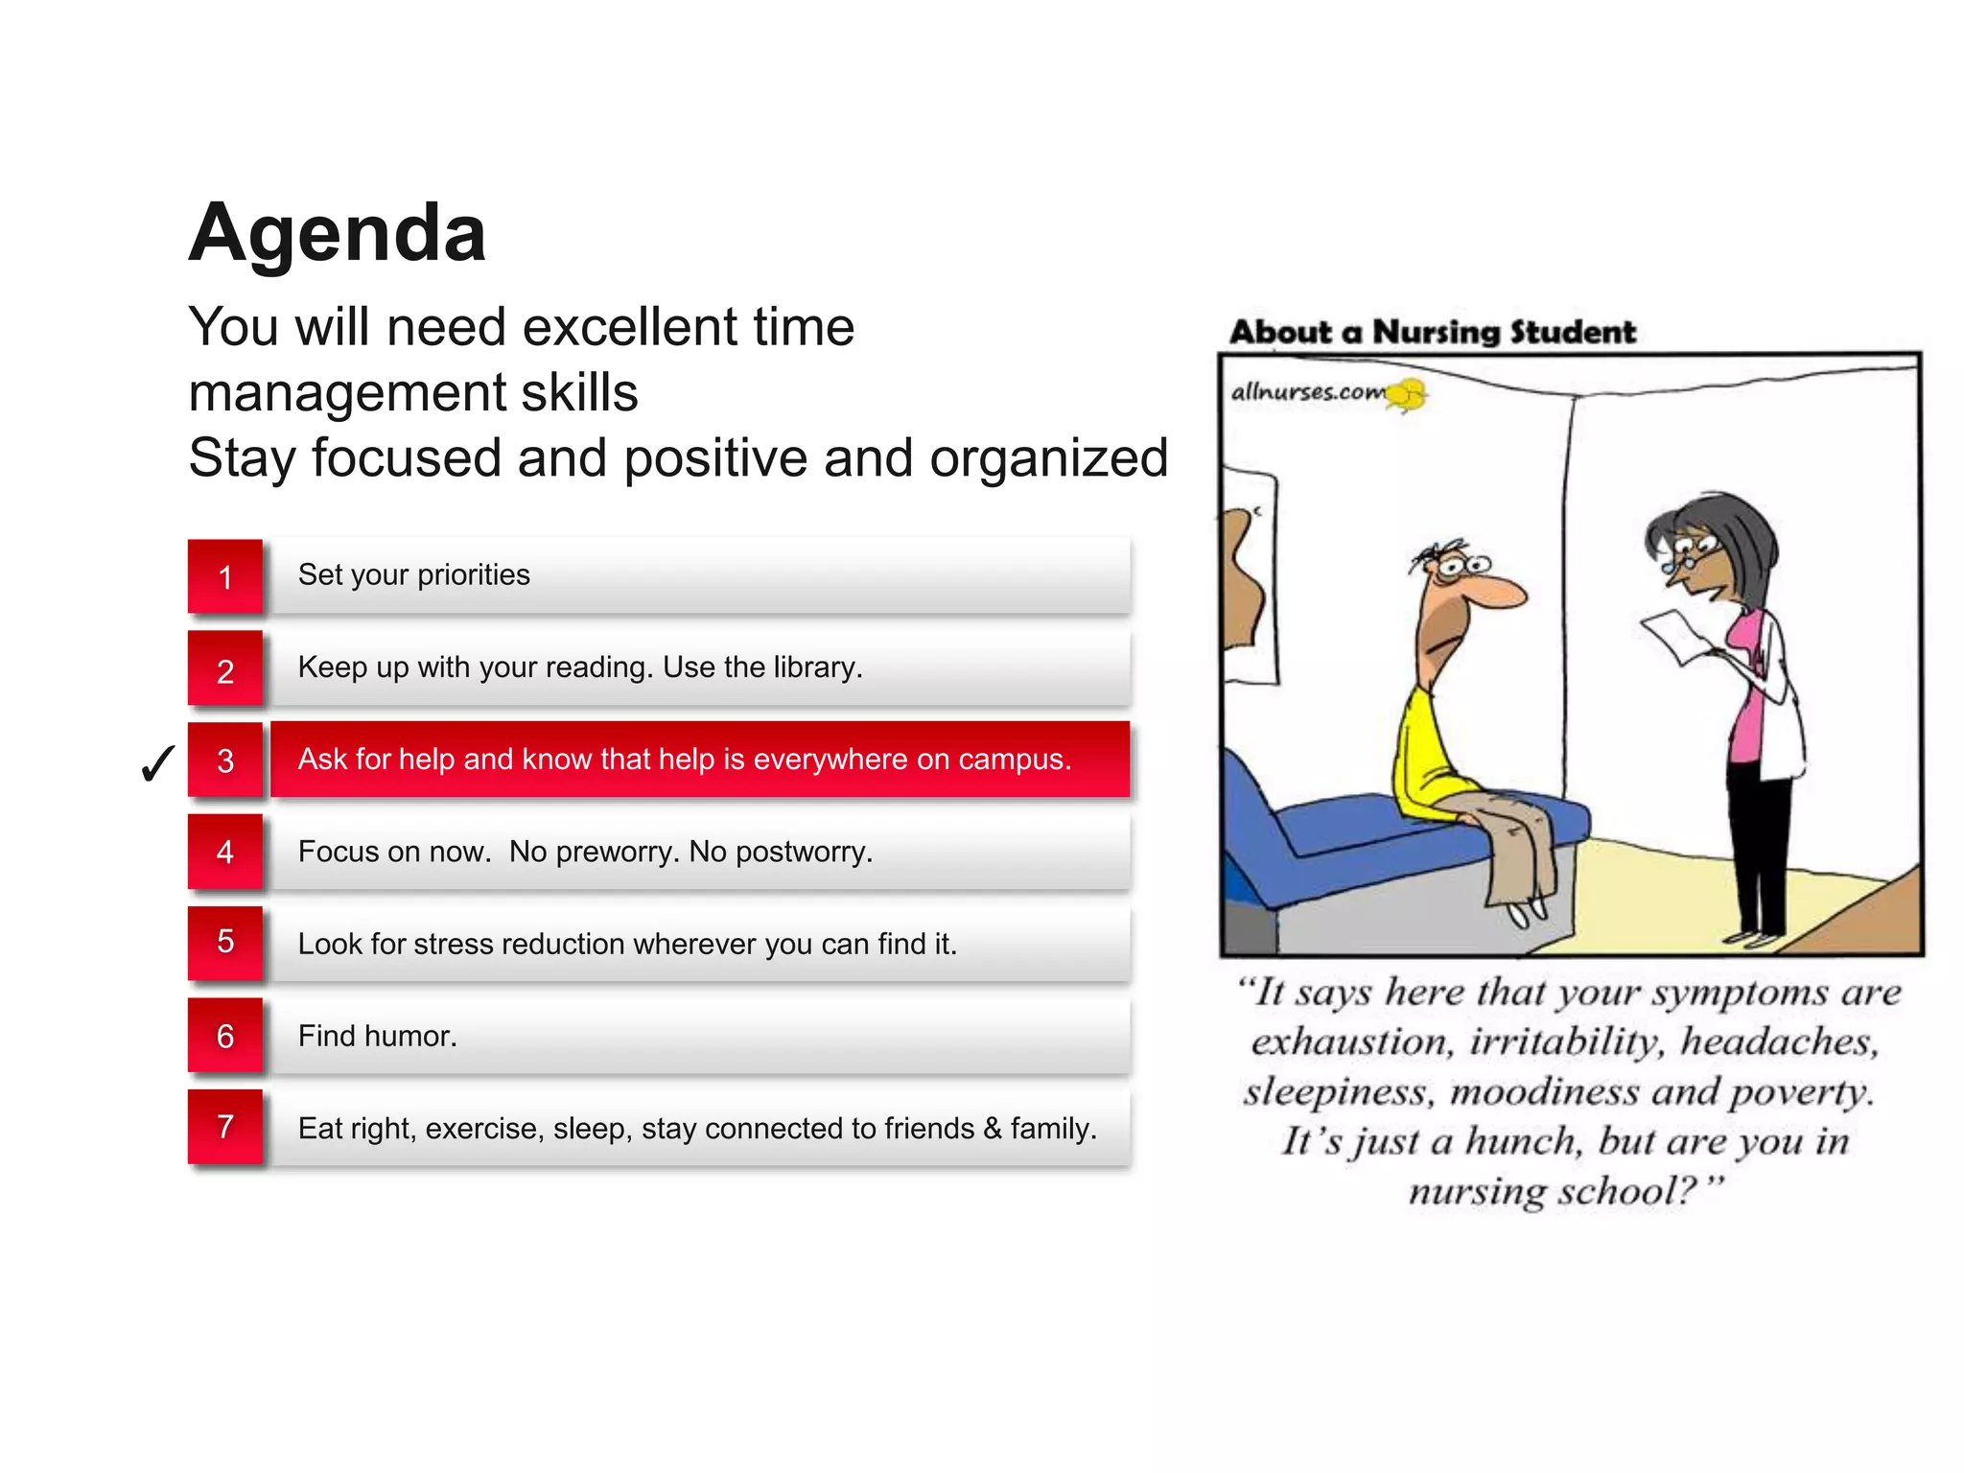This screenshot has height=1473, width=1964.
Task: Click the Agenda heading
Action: click(338, 233)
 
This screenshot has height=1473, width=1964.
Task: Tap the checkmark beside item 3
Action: click(157, 764)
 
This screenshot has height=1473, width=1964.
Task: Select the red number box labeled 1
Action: click(225, 576)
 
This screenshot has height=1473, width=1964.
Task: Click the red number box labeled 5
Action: click(225, 942)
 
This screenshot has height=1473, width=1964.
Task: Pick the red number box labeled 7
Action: click(225, 1127)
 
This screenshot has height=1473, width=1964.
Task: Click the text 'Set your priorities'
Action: click(413, 574)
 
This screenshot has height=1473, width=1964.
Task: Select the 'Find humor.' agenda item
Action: click(377, 1036)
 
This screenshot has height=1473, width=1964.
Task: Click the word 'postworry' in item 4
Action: click(802, 852)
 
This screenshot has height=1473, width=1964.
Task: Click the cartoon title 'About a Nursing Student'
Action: click(1433, 332)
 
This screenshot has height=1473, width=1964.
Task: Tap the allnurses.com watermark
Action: click(1309, 392)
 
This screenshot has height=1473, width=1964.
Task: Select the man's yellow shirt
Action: click(1429, 758)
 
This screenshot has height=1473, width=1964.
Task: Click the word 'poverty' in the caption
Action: click(1800, 1092)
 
